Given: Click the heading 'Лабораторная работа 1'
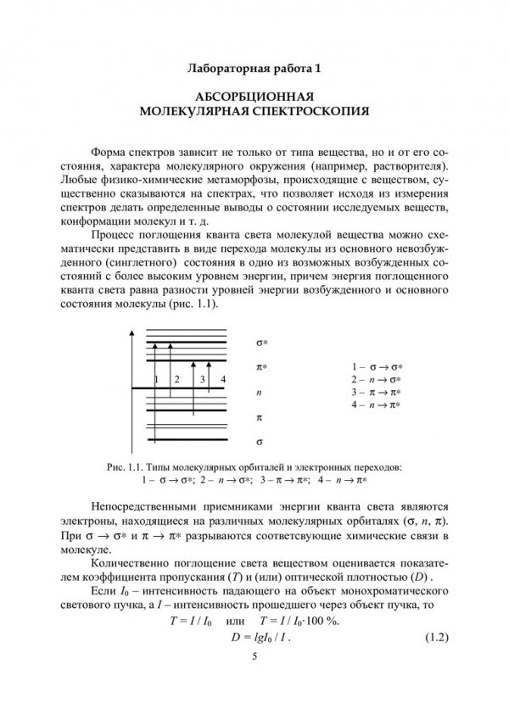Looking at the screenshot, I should [255, 65].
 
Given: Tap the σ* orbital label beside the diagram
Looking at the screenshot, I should [261, 343].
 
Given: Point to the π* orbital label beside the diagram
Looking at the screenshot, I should [261, 369].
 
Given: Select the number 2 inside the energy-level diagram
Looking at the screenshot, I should [177, 379].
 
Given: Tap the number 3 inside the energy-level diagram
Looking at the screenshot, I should [203, 379].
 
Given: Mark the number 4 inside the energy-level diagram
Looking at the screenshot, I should [222, 379].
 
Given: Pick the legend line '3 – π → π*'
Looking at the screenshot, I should [376, 392].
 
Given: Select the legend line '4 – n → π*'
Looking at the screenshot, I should [376, 406].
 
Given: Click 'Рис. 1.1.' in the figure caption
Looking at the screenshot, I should [125, 466].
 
